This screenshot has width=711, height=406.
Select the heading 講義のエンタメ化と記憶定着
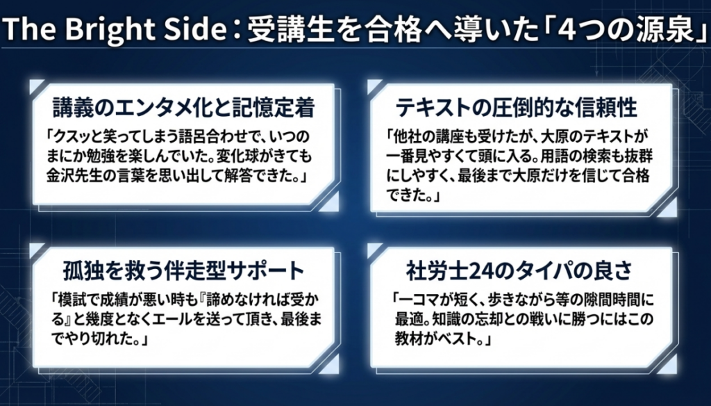tap(183, 108)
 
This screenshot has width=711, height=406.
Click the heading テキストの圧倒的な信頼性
tap(517, 108)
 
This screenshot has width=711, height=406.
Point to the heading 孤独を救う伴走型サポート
tap(183, 271)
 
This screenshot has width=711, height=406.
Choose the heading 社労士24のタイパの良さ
tap(519, 271)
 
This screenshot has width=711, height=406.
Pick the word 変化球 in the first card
tap(241, 156)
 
